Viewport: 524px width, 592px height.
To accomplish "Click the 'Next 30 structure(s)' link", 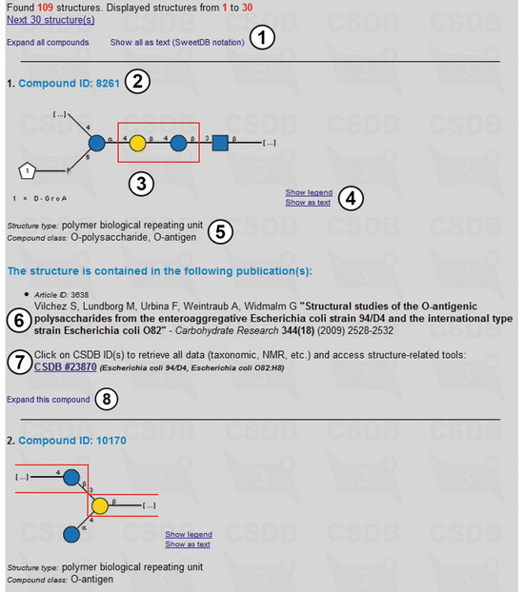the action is pyautogui.click(x=50, y=20).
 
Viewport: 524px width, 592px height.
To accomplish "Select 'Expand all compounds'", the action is pyautogui.click(x=48, y=42).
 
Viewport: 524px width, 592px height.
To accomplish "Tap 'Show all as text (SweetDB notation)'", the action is pyautogui.click(x=177, y=42).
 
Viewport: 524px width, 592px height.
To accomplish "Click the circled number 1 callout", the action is pyautogui.click(x=262, y=37).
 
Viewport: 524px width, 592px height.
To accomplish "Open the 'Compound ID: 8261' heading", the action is pyautogui.click(x=70, y=83).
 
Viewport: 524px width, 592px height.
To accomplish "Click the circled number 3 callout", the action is pyautogui.click(x=141, y=184).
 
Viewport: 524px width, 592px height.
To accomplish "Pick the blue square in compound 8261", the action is pyautogui.click(x=220, y=143).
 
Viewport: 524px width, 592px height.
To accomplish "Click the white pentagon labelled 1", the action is pyautogui.click(x=27, y=171).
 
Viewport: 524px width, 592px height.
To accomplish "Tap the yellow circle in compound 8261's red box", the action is pyautogui.click(x=137, y=144).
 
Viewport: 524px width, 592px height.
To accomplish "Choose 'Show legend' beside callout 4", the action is pyautogui.click(x=309, y=192).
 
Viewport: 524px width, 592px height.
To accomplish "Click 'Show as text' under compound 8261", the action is pyautogui.click(x=308, y=203).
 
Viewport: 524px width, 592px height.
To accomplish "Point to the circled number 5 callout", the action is pyautogui.click(x=220, y=231).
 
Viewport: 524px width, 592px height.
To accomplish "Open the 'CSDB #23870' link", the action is pyautogui.click(x=66, y=367).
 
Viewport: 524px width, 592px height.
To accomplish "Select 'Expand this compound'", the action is pyautogui.click(x=49, y=400).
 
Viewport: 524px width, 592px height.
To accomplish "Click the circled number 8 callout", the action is pyautogui.click(x=107, y=399).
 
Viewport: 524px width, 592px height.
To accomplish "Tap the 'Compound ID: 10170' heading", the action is pyautogui.click(x=72, y=441).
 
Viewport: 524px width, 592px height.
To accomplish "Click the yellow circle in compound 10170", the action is pyautogui.click(x=100, y=506).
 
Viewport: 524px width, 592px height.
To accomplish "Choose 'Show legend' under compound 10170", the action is pyautogui.click(x=189, y=535).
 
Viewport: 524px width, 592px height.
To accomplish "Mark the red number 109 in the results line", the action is pyautogui.click(x=45, y=8).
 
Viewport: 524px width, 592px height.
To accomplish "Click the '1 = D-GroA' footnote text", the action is pyautogui.click(x=40, y=199).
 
